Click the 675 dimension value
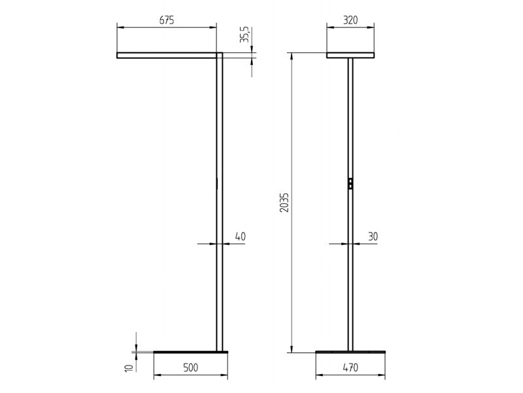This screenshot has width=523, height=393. tap(167, 20)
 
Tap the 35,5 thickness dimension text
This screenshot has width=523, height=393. tap(245, 35)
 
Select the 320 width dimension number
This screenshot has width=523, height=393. tap(350, 20)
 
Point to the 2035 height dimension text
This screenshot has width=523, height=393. tap(284, 202)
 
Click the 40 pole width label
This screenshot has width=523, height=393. tap(240, 236)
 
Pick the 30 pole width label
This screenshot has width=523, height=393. tap(373, 236)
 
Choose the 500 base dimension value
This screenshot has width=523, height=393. tap(191, 368)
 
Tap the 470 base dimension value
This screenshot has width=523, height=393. tap(350, 368)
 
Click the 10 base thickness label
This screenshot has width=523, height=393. tap(129, 367)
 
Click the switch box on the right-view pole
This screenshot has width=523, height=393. tap(350, 184)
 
